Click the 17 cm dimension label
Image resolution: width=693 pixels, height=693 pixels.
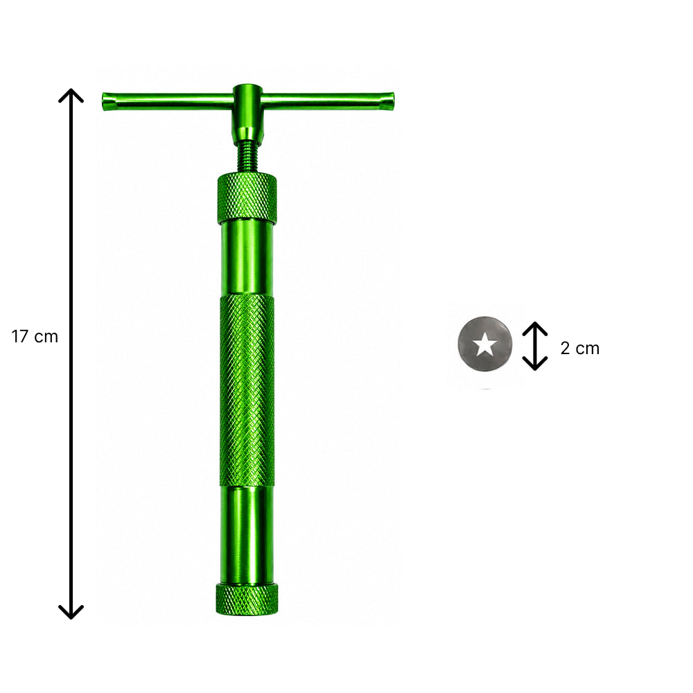coord(35,337)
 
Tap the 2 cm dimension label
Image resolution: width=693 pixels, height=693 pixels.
coord(580,349)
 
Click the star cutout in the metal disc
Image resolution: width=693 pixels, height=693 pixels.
coord(485,344)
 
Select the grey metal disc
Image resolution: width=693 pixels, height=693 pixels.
coord(485,344)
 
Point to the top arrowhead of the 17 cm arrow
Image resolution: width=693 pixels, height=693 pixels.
coord(71,94)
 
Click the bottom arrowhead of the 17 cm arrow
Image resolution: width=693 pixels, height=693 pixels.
coord(71,613)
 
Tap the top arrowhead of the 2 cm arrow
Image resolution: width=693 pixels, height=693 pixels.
coord(535,327)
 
